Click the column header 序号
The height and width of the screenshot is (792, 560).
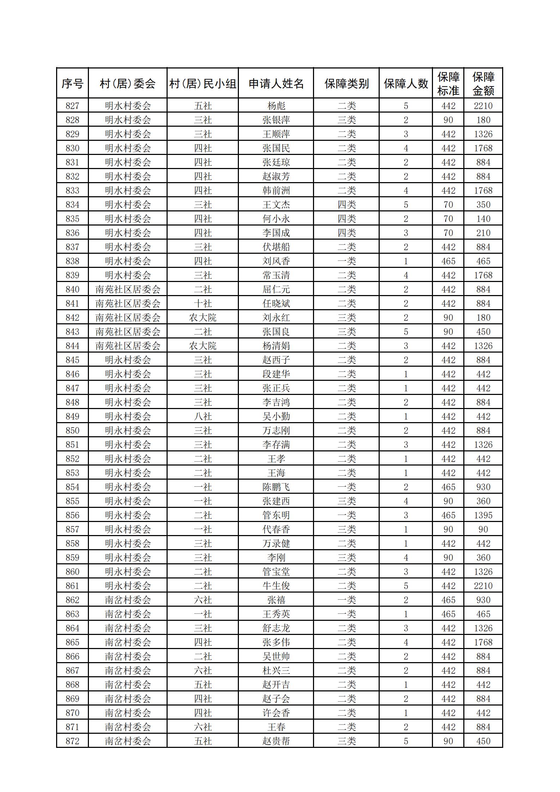(72, 84)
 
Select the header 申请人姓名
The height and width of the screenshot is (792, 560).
(276, 84)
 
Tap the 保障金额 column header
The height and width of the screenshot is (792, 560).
(483, 84)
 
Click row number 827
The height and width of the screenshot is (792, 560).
(72, 106)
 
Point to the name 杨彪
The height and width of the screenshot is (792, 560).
(276, 106)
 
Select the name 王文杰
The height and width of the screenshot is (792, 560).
(276, 205)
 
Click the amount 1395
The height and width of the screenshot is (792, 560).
(483, 515)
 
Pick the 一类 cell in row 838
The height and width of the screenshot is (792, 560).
(347, 261)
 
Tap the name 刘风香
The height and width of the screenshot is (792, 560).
(276, 261)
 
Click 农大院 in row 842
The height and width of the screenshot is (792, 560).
(203, 318)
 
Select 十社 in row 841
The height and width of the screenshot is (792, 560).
(203, 304)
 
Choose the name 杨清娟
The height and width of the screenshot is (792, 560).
(276, 346)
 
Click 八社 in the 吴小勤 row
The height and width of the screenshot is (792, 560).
(203, 416)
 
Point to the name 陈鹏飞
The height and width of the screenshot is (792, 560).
(276, 487)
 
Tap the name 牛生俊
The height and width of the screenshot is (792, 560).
(276, 586)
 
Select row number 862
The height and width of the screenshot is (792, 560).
(72, 600)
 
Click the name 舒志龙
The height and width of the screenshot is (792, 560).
(276, 628)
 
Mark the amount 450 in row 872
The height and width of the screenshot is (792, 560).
(483, 741)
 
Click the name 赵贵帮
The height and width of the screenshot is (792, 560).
(276, 741)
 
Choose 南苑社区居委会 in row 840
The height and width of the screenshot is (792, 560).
(128, 289)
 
